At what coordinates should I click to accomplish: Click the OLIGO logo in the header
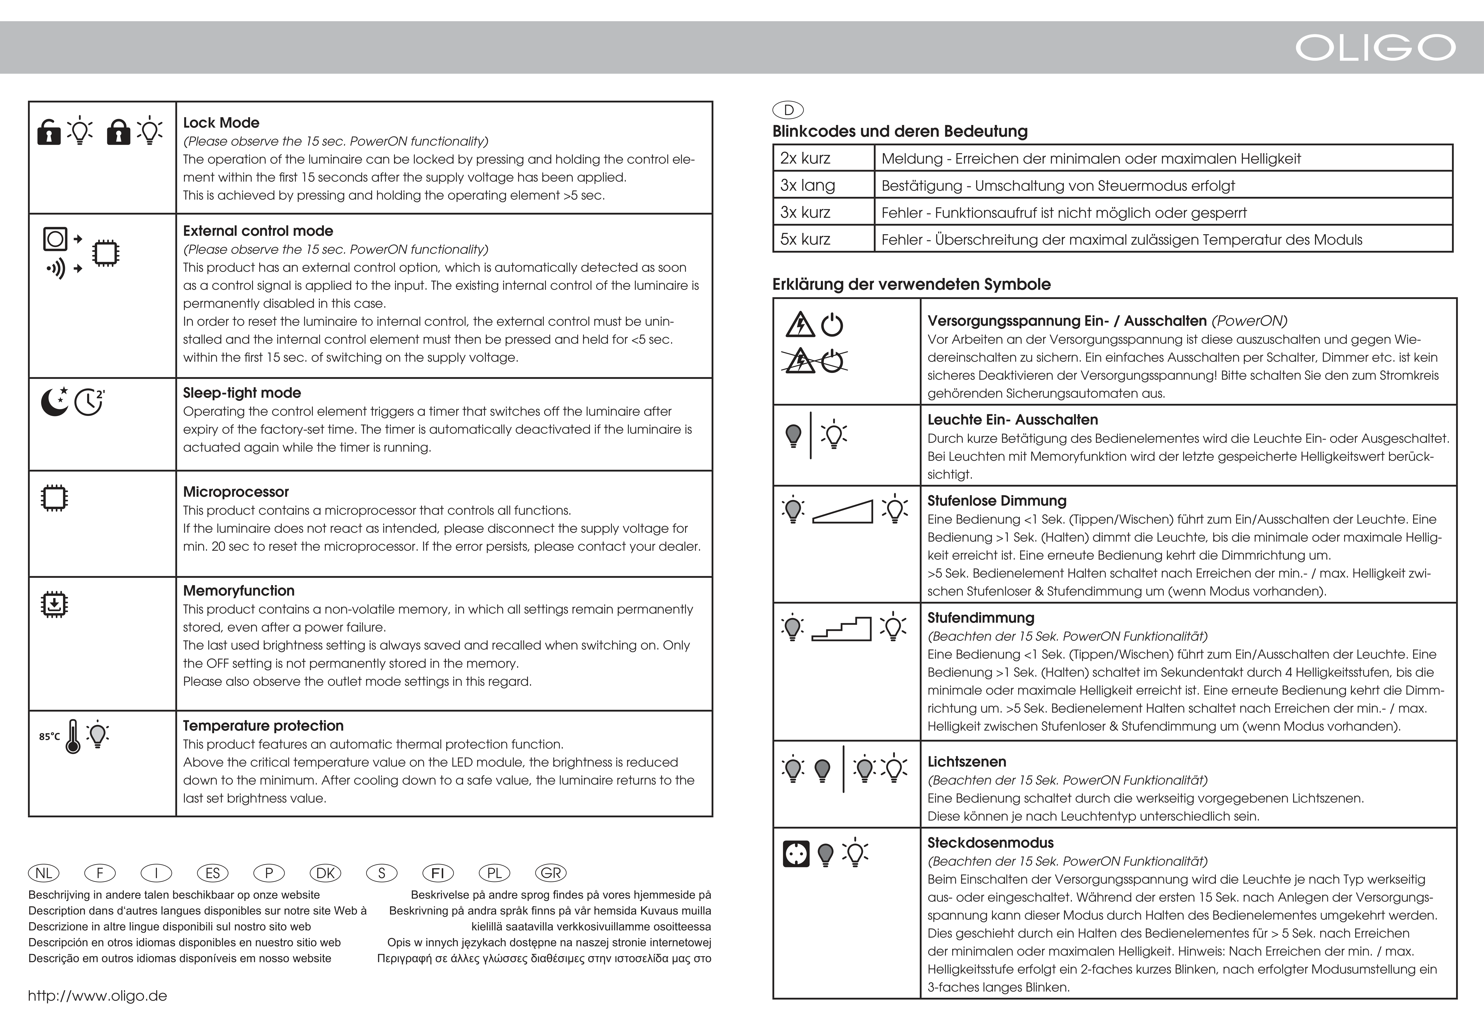point(1375,48)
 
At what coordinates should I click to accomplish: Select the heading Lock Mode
point(221,123)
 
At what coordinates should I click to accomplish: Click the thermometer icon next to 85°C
point(73,736)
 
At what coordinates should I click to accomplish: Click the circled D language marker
point(788,110)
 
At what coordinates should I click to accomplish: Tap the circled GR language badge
point(551,873)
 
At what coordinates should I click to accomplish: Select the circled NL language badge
point(44,873)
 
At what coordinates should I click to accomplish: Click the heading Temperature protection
point(263,726)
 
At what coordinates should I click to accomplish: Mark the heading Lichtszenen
point(967,762)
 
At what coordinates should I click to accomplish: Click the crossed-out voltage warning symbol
point(814,361)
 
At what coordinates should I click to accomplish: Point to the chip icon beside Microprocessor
point(55,498)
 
